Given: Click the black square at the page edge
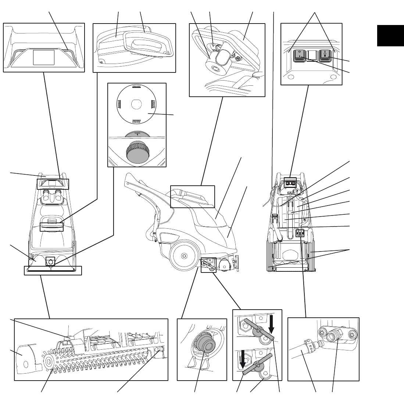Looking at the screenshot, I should pos(390,36).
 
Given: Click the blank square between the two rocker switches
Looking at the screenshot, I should pos(313,55).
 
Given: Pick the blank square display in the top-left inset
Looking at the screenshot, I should pos(44,58).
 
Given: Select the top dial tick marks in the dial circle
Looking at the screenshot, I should pos(136,86).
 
